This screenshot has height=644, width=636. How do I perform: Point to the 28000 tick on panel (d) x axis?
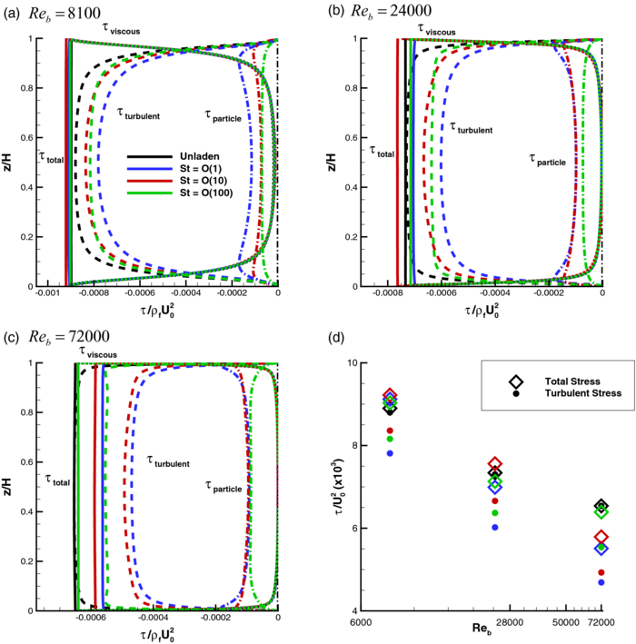[x=509, y=620]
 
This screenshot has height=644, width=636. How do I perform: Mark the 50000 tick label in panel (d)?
[x=566, y=620]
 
